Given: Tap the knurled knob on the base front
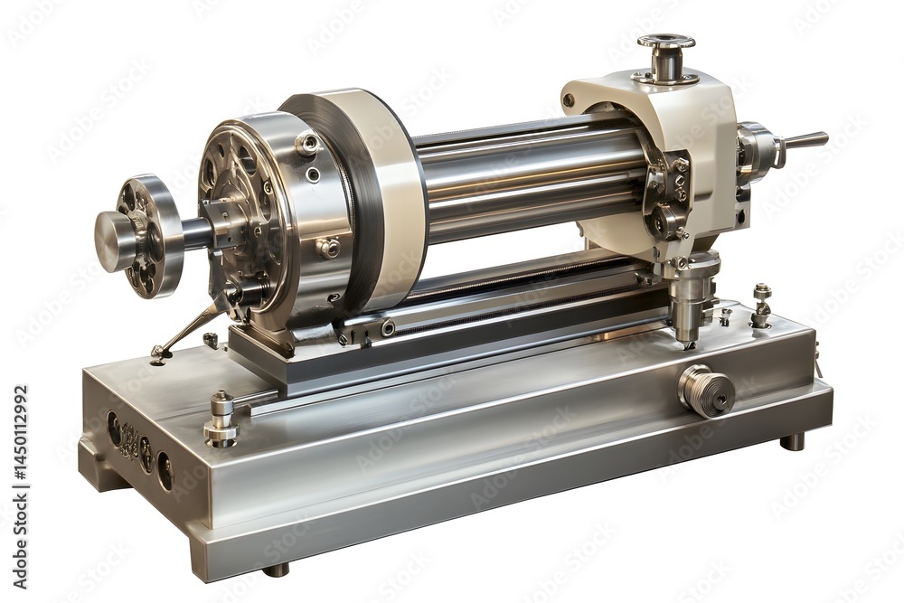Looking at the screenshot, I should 706,391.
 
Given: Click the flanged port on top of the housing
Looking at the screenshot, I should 666,56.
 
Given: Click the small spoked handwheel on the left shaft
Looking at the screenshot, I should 145,235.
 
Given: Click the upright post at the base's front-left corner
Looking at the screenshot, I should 221,418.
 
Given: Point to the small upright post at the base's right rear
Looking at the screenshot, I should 762,305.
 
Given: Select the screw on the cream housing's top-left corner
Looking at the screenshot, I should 568,100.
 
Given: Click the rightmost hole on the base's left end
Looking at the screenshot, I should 165,471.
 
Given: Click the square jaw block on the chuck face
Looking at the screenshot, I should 221,218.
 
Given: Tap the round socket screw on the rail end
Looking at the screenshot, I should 388,328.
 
